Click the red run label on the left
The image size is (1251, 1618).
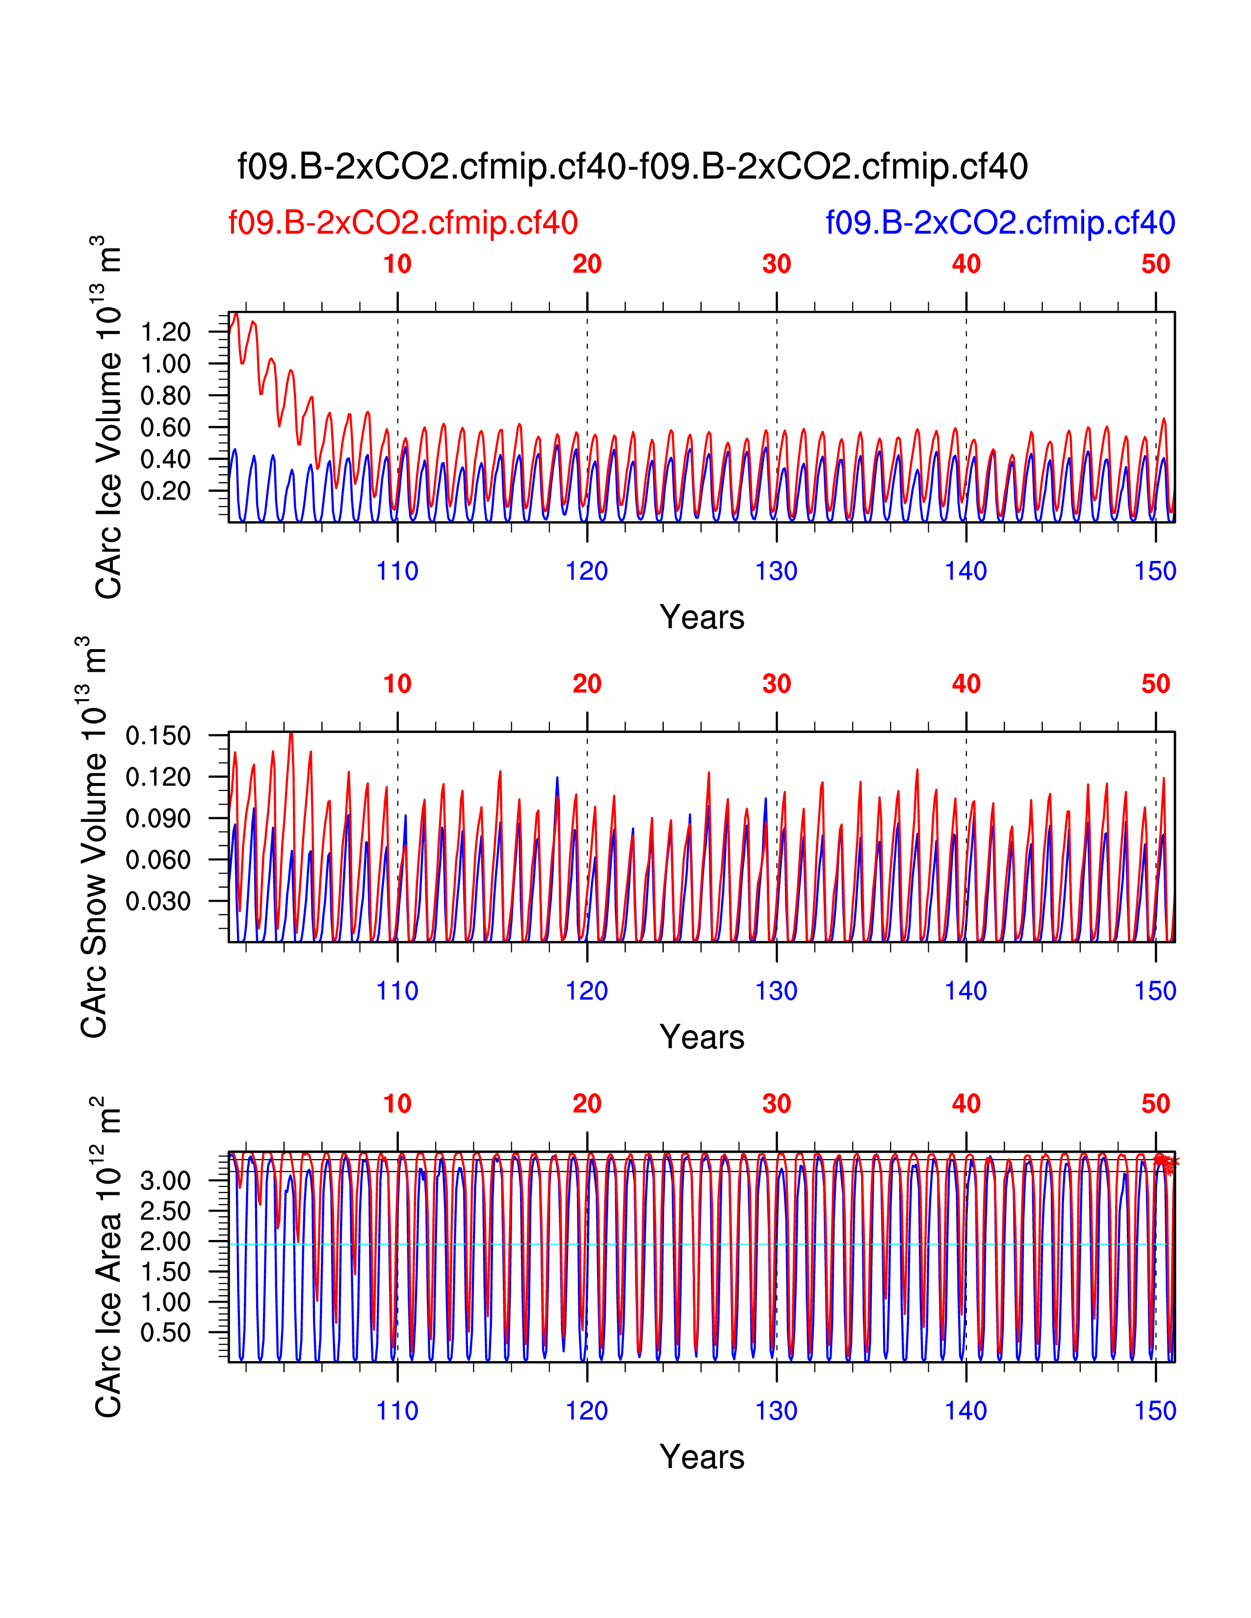402,222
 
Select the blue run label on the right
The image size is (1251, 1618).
1000,222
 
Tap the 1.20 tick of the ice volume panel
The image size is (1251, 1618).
165,332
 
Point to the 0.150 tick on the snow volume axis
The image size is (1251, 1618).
158,735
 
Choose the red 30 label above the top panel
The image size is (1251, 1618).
776,264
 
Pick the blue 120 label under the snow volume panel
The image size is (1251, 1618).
586,991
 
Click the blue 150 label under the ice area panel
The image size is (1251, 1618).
1155,1411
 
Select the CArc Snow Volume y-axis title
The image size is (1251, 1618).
94,837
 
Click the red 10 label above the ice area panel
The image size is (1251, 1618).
397,1104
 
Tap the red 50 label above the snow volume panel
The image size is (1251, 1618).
1155,684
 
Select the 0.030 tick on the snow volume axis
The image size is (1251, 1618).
158,902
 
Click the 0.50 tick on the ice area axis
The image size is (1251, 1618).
165,1333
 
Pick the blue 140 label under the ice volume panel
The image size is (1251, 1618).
965,571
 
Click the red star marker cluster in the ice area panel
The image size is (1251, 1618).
1165,1163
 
